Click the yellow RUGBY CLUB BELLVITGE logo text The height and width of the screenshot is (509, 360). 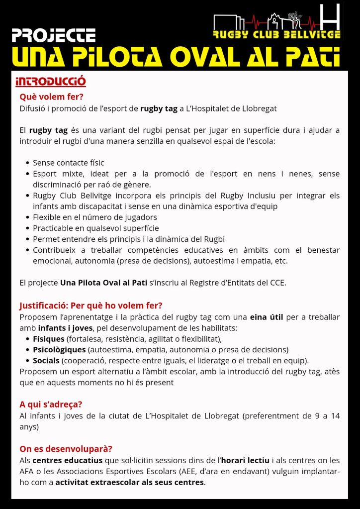coord(276,35)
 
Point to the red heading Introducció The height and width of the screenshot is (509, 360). coord(51,81)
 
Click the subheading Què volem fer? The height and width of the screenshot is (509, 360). coord(51,97)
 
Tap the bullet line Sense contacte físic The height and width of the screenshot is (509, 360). coord(68,163)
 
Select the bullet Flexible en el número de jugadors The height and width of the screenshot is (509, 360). coord(94,217)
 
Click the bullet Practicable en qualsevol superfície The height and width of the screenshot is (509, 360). coord(95,228)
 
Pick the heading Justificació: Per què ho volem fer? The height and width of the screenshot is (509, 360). coord(91,305)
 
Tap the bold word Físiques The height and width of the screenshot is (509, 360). coord(49,339)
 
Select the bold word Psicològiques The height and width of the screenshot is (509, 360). coord(59,350)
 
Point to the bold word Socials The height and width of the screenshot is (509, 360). coord(46,360)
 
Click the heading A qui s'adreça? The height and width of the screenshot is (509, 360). coord(51,404)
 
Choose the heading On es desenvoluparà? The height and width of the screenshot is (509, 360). coord(66,448)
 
